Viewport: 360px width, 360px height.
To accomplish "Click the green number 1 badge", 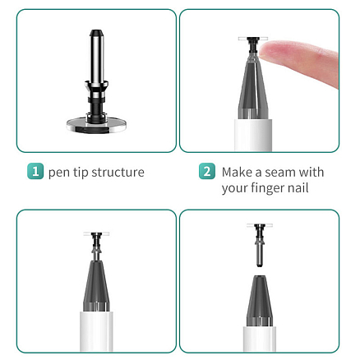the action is point(35,171).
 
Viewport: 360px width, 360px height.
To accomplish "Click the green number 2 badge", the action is point(207,171).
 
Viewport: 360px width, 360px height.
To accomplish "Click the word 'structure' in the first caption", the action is point(118,173).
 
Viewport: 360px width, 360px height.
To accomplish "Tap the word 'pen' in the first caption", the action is point(58,173).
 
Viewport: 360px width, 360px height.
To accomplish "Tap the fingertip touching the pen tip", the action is point(267,51).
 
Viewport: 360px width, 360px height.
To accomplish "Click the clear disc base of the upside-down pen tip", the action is point(96,125).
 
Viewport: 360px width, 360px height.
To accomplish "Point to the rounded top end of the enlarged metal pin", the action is point(97,33).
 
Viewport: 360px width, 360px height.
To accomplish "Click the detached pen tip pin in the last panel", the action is point(260,245).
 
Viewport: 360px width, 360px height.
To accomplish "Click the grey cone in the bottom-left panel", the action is point(96,286).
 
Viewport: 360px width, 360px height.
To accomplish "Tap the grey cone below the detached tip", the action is point(260,301).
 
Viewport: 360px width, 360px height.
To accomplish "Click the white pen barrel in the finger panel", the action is point(253,135).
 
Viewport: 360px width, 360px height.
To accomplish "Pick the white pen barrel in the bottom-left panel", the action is point(96,331).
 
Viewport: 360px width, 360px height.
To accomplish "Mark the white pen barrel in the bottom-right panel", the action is point(260,339).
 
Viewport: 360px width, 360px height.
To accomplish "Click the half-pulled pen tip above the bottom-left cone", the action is point(96,246).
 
